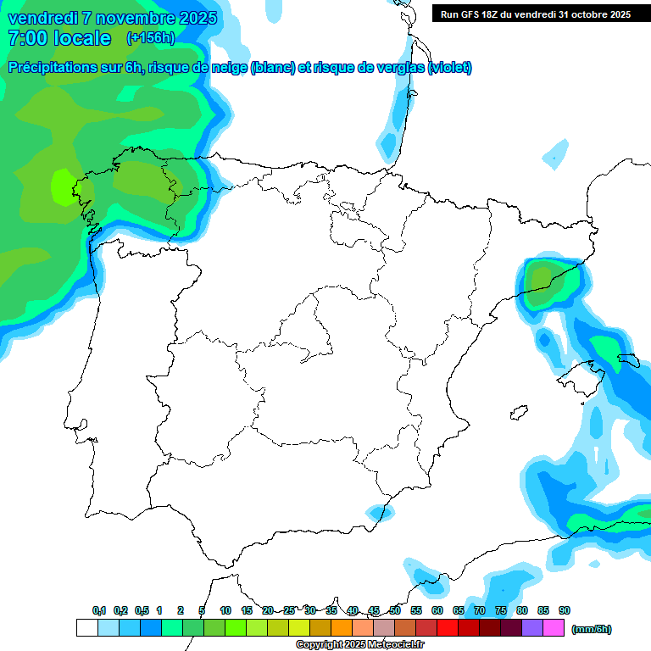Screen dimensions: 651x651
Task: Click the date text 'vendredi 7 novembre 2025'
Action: pyautogui.click(x=112, y=18)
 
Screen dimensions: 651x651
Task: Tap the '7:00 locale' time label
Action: pyautogui.click(x=58, y=38)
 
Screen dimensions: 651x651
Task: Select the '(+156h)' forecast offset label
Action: pyautogui.click(x=150, y=38)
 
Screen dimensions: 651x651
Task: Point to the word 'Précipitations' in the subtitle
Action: pyautogui.click(x=53, y=68)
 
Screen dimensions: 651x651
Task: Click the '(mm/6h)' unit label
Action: pyautogui.click(x=591, y=629)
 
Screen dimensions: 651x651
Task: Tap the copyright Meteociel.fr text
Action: pyautogui.click(x=359, y=645)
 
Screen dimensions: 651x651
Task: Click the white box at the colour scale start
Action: pyautogui.click(x=86, y=628)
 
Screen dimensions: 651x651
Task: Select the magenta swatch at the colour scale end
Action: pyautogui.click(x=553, y=628)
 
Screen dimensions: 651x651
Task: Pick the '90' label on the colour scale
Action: pyautogui.click(x=565, y=611)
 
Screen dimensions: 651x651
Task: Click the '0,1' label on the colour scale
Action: pyautogui.click(x=99, y=611)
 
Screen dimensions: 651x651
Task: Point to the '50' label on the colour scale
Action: pyautogui.click(x=395, y=611)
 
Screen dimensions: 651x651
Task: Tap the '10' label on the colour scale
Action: pyautogui.click(x=225, y=611)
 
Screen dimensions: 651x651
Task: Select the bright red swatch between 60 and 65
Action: pyautogui.click(x=447, y=628)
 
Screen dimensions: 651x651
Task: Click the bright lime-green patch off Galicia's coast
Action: pyautogui.click(x=63, y=186)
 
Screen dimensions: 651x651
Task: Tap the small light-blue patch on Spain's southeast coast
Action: pyautogui.click(x=376, y=512)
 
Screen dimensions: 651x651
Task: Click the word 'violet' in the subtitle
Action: pyautogui.click(x=449, y=68)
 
